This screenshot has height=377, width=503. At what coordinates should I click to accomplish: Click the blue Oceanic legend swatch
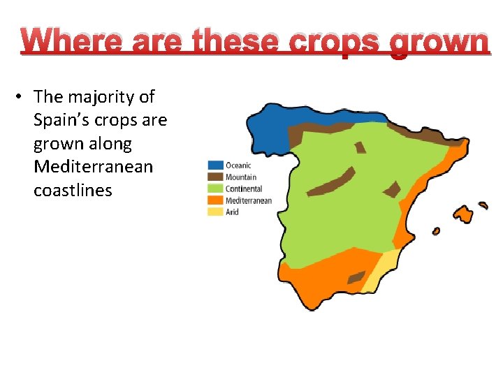[215, 165]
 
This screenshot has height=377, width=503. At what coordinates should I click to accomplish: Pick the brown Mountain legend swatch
[215, 177]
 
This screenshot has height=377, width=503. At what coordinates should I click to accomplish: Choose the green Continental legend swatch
[215, 188]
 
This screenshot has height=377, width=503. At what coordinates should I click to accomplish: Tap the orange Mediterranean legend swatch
[215, 200]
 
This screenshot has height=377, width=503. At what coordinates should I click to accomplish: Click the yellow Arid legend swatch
[215, 212]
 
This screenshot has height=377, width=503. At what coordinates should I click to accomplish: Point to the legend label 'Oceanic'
[238, 165]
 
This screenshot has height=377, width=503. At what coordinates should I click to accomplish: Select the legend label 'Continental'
[244, 188]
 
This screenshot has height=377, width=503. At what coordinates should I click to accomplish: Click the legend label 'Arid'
[232, 212]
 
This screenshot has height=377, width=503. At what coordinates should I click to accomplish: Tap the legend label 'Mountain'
[241, 177]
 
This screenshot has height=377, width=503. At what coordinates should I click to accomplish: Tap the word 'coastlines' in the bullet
[73, 191]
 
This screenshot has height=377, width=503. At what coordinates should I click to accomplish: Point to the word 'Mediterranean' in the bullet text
[93, 167]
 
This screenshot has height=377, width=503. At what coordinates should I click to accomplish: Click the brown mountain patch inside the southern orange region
[356, 277]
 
